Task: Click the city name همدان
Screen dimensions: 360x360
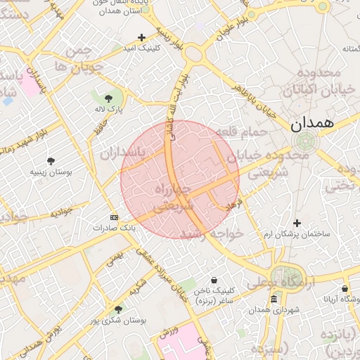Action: coord(314,124)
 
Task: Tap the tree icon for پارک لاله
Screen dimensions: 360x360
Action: coord(108,98)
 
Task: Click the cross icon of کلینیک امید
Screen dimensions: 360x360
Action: coord(141,37)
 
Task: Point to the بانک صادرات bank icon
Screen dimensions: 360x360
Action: coord(115,217)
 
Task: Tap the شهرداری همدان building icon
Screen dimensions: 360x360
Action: coord(274,300)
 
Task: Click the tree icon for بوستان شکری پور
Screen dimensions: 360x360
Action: coord(118,309)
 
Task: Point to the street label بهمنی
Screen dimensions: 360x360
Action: coord(114,259)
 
